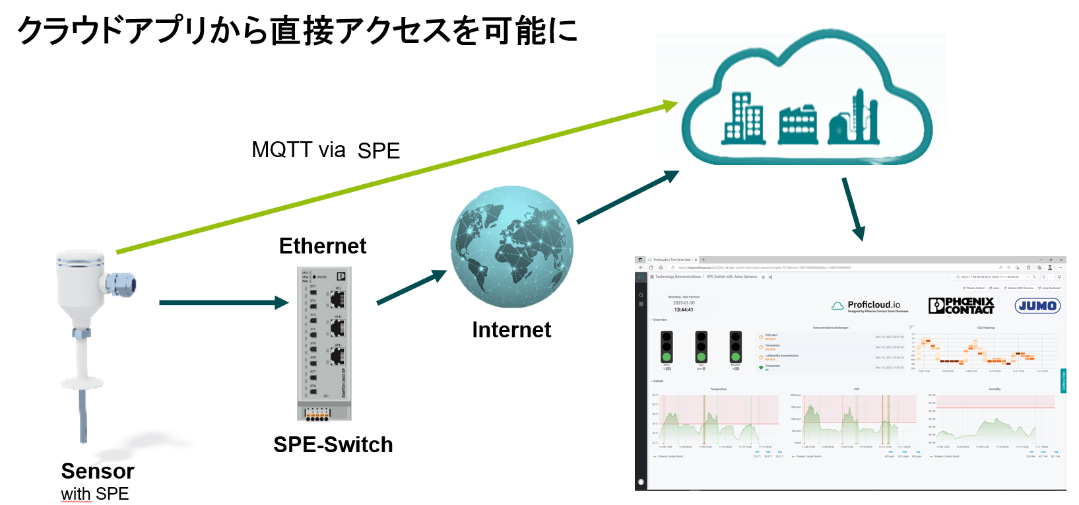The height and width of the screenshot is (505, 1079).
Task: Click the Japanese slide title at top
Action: click(297, 30)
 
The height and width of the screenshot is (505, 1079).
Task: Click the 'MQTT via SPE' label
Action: click(325, 151)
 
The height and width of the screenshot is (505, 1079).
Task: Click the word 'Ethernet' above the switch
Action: click(322, 246)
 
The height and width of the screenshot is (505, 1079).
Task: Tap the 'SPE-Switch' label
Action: click(333, 445)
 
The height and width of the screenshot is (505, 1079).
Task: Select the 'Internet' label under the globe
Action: click(511, 329)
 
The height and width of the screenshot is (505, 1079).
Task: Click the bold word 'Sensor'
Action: click(98, 471)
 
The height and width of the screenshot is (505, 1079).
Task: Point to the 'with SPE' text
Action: click(95, 494)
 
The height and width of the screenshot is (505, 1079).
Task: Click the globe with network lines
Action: click(511, 246)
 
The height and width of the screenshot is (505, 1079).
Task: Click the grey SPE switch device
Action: click(324, 343)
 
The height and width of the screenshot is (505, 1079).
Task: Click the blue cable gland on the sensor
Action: click(121, 285)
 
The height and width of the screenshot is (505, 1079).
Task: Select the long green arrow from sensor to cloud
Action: click(396, 177)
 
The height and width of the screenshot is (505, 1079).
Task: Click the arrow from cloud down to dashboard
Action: click(853, 208)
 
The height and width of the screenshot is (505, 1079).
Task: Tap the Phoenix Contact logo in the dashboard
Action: click(961, 306)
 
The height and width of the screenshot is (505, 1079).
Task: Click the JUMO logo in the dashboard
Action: click(1037, 306)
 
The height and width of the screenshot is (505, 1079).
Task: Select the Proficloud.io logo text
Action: click(872, 305)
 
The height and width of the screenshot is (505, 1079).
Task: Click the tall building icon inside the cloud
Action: click(744, 119)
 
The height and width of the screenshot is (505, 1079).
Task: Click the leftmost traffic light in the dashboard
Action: click(667, 347)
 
